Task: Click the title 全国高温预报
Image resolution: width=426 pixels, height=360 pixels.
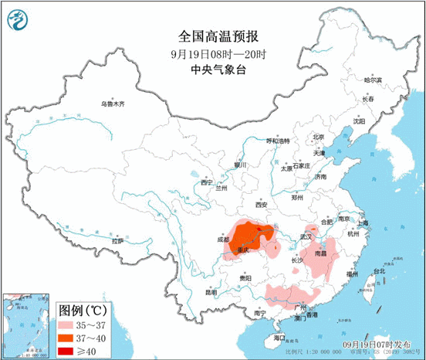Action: click(213, 37)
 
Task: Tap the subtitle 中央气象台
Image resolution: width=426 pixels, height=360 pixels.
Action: click(213, 69)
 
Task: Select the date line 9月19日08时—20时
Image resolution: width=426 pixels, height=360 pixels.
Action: click(213, 53)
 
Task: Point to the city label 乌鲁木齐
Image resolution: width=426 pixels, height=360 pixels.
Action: click(112, 104)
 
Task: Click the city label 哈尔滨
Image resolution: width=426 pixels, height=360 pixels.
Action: click(373, 80)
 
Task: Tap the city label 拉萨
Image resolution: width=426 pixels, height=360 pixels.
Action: click(117, 241)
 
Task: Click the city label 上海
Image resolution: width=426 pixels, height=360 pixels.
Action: click(363, 223)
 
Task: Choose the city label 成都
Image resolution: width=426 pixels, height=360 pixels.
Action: click(224, 239)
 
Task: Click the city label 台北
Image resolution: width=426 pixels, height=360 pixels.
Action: click(378, 271)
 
